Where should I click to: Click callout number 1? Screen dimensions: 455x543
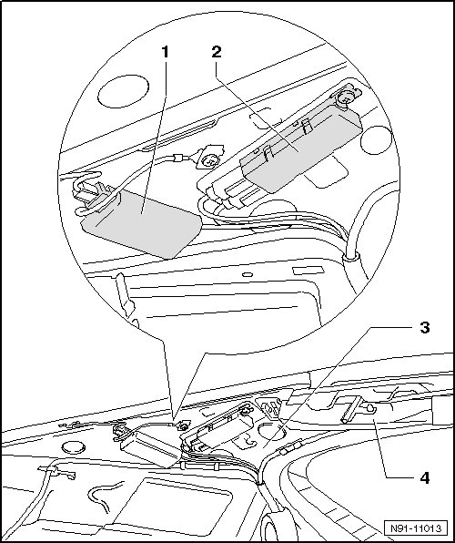coord(166,52)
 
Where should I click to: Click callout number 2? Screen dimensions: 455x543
coord(217,52)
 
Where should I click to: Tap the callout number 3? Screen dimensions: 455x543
coord(425,327)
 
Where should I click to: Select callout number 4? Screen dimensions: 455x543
coord(425,478)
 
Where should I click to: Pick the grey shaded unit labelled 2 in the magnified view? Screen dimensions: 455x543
coord(301,149)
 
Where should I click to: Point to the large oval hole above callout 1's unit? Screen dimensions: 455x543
coord(123,91)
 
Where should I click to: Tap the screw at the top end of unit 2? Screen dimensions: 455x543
coord(344,97)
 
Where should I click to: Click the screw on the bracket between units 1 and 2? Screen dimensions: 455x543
coord(209,161)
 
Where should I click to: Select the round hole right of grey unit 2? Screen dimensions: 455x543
coord(377,140)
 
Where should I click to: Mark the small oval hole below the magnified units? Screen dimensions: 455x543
coord(248,274)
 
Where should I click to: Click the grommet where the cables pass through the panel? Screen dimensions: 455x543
coord(350,258)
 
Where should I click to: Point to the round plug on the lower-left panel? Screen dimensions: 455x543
coord(74,447)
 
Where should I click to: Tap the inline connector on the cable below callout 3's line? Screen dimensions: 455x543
coord(290,447)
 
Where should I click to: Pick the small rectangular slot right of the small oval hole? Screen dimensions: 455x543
coord(308,271)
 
